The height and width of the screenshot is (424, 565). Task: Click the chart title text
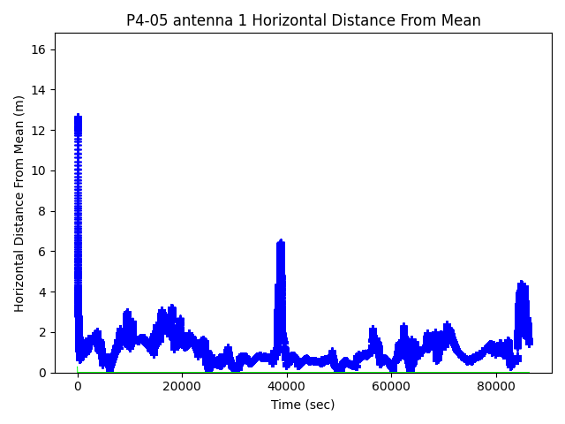(303, 20)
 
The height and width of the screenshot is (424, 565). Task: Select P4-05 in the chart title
(147, 20)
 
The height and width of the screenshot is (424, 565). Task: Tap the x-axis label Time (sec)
(303, 405)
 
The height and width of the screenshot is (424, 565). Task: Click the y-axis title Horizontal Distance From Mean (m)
(19, 203)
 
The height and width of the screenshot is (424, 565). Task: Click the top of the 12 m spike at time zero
(78, 116)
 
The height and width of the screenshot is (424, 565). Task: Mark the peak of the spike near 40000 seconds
(281, 241)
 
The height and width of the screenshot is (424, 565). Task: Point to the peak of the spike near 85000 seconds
(522, 283)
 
